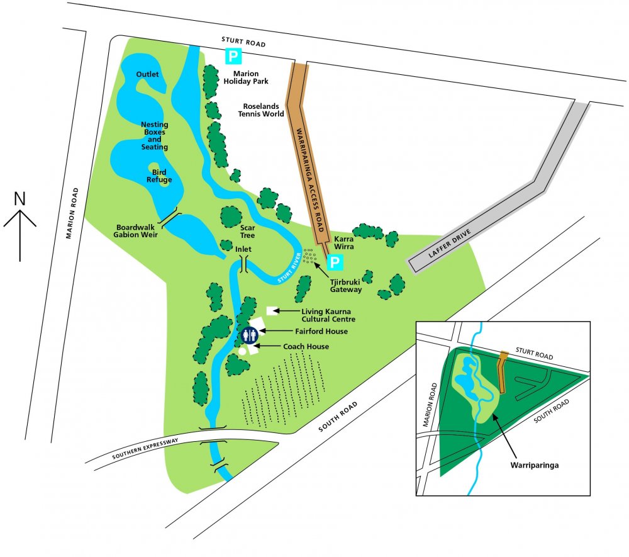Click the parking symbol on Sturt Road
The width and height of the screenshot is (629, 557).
pyautogui.click(x=233, y=57)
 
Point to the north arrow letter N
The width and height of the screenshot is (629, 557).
pyautogui.click(x=20, y=199)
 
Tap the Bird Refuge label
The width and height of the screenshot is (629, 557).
pyautogui.click(x=159, y=176)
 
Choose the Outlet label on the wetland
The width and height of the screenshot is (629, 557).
pyautogui.click(x=147, y=75)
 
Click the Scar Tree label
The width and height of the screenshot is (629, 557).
pyautogui.click(x=247, y=232)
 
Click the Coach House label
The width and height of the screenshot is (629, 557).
pyautogui.click(x=307, y=346)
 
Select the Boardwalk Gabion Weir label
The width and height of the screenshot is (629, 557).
pyautogui.click(x=136, y=230)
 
